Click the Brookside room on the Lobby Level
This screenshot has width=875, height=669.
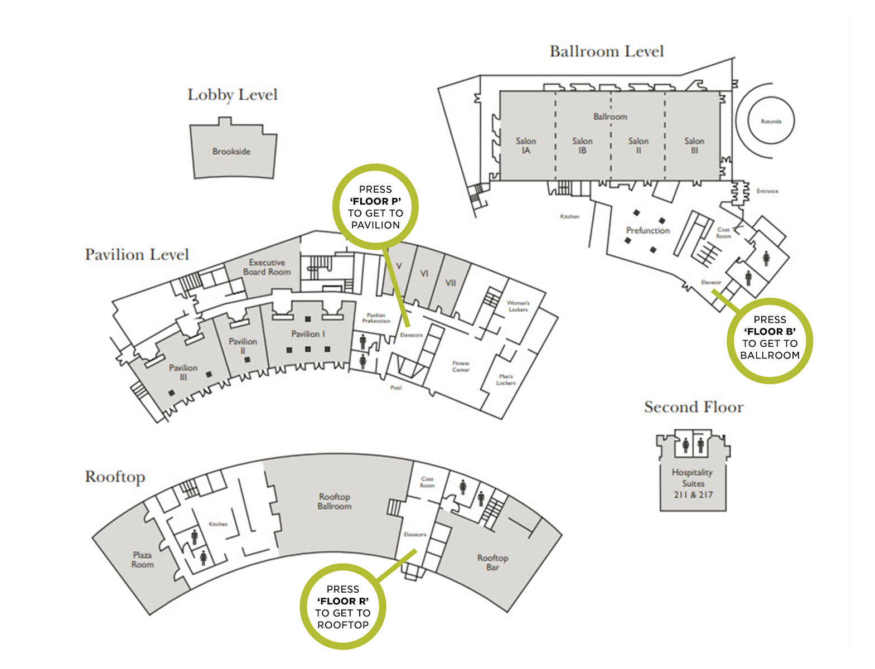231,151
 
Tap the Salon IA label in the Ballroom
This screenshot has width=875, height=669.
526,146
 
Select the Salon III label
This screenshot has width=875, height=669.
694,146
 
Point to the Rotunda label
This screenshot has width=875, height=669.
771,121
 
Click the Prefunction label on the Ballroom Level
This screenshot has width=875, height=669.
647,230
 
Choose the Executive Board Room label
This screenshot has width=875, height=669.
267,267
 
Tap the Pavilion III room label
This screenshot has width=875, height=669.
183,372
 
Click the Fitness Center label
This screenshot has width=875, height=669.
461,366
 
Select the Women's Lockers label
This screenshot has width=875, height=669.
518,306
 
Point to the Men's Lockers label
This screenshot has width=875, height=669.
506,380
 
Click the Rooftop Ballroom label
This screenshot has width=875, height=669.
335,501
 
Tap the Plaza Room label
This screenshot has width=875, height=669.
142,559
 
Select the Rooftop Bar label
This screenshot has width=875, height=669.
492,562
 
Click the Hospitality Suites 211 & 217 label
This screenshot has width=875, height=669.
693,483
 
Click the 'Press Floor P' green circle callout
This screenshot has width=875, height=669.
375,207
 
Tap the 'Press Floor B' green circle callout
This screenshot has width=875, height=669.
770,337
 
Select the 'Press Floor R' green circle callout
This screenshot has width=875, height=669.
343,607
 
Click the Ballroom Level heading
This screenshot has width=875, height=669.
607,51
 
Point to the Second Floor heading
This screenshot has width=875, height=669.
694,407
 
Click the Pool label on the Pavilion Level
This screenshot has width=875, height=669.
396,387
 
